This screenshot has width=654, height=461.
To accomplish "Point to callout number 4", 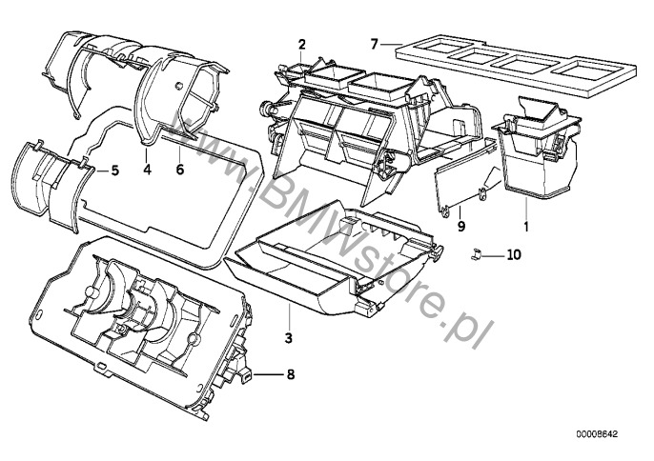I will [146, 170].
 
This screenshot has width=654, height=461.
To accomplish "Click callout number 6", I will [178, 170].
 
